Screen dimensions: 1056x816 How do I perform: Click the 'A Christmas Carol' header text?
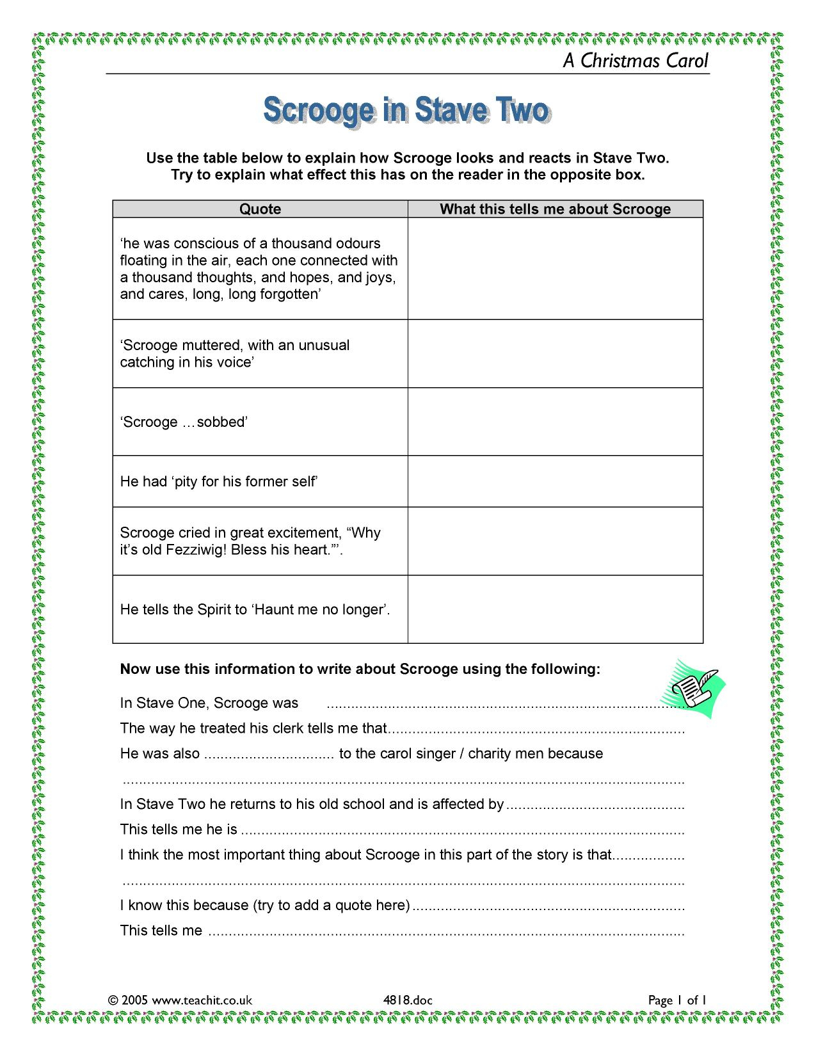coord(636,61)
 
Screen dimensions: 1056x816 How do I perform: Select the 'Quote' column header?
coord(260,209)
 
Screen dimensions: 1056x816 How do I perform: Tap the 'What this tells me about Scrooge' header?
coord(555,209)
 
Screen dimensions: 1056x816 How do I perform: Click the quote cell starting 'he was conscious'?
coord(259,269)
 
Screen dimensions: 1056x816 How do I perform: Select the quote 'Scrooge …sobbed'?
coord(184,422)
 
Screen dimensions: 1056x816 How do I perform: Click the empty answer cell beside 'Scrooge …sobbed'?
coord(555,422)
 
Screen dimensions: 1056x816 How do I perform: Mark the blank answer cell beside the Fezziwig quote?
coord(555,541)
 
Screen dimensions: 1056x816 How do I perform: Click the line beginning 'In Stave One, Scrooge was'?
coord(209,703)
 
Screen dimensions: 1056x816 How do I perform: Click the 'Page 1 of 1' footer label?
coord(676,1000)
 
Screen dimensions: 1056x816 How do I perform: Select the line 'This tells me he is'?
coord(179,829)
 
